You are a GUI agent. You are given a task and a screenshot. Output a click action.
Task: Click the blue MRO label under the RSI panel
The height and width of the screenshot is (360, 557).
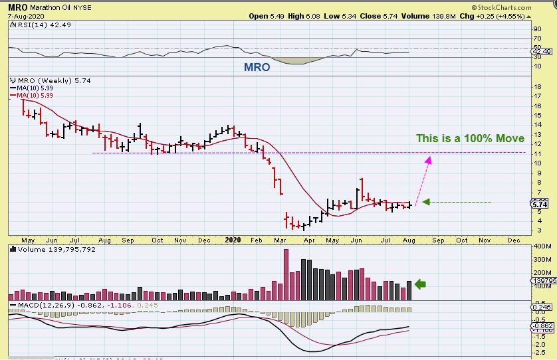257,67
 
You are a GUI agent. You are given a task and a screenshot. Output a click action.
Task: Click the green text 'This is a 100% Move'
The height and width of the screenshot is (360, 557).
470,139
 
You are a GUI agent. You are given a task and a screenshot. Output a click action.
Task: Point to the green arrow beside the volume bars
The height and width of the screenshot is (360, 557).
420,284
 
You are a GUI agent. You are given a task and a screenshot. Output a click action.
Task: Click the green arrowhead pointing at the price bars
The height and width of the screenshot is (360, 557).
427,202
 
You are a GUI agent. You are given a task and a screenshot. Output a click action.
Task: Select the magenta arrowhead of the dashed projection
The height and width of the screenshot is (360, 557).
429,159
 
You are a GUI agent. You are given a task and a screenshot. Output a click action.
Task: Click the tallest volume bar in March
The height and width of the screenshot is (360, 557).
286,274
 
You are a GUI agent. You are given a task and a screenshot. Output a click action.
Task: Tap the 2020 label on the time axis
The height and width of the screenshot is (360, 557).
232,239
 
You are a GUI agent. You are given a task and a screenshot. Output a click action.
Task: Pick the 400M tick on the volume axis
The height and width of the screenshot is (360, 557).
542,246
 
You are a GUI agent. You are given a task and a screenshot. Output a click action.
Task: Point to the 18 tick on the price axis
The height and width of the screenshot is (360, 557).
537,86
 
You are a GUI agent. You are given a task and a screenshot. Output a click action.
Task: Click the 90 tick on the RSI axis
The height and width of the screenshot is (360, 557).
537,29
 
